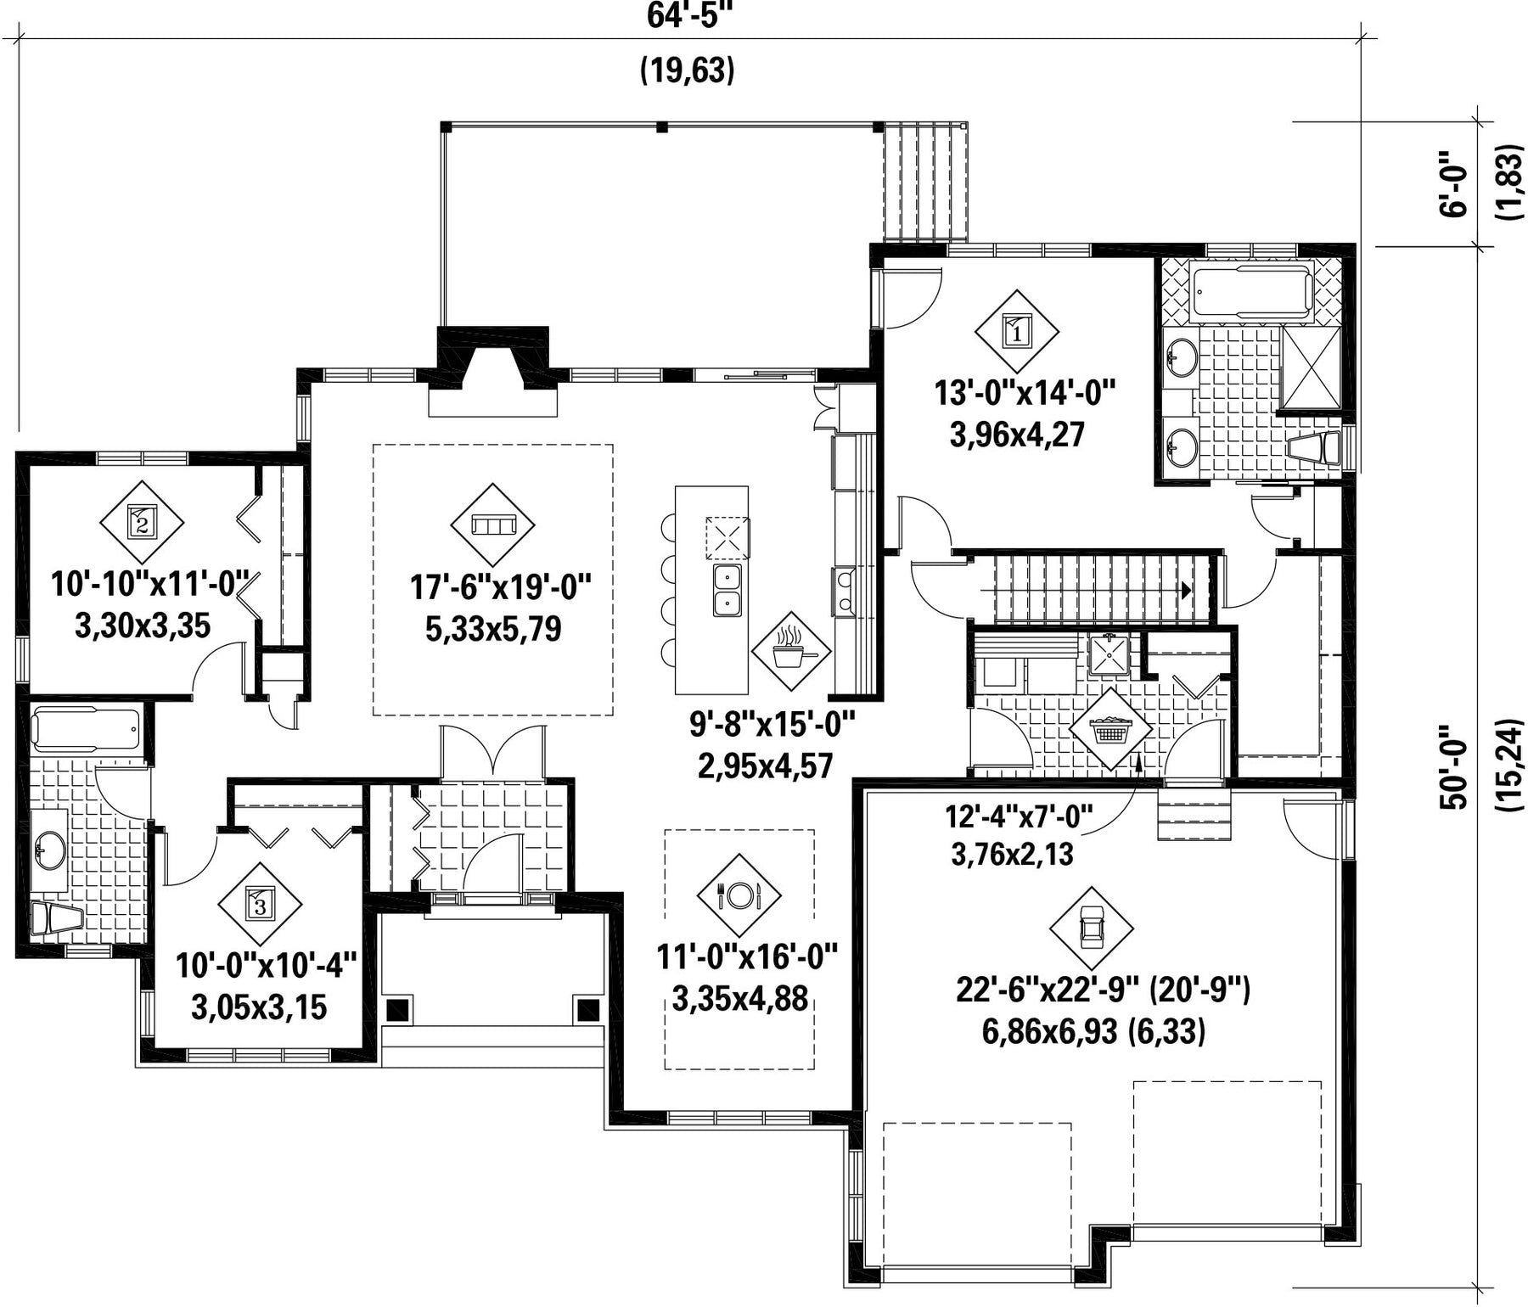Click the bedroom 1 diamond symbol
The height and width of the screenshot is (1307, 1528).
[1017, 332]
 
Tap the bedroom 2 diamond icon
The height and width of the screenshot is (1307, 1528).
[142, 522]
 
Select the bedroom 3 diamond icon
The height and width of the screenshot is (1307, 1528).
[260, 905]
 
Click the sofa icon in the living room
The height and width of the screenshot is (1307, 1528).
[492, 526]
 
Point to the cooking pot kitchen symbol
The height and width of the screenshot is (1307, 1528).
[792, 653]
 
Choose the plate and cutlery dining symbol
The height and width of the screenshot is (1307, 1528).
[739, 895]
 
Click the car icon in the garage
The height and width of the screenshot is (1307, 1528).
[1092, 929]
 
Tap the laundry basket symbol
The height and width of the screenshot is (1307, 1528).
[1110, 728]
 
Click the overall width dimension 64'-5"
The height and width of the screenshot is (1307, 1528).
[688, 15]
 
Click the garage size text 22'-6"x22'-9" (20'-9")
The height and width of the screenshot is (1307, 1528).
[1103, 990]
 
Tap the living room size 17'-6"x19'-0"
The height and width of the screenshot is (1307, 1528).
[501, 586]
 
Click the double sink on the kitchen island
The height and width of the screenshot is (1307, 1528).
[727, 591]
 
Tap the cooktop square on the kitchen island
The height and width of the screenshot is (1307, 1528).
[728, 538]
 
